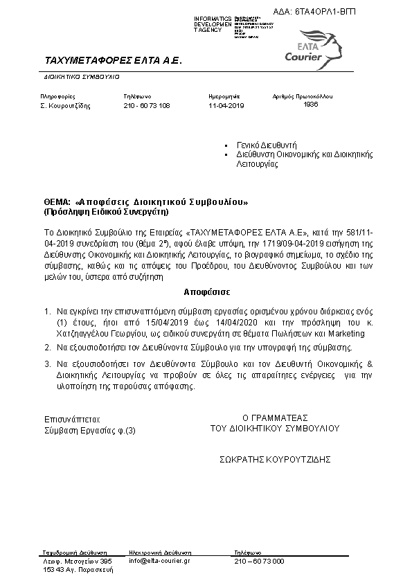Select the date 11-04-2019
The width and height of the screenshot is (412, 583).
tap(226, 106)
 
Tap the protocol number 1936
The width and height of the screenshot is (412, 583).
tap(310, 105)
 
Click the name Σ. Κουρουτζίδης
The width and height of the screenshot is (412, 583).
tap(66, 106)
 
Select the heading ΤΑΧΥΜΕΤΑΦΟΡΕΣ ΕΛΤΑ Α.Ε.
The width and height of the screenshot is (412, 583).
tap(112, 61)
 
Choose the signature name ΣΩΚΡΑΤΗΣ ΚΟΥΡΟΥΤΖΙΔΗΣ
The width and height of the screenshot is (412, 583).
tap(276, 458)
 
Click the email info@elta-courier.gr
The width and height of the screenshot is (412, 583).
tap(159, 561)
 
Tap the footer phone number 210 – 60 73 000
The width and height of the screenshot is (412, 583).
tap(259, 561)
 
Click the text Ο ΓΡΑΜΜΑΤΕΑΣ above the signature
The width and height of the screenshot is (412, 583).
tap(275, 418)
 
